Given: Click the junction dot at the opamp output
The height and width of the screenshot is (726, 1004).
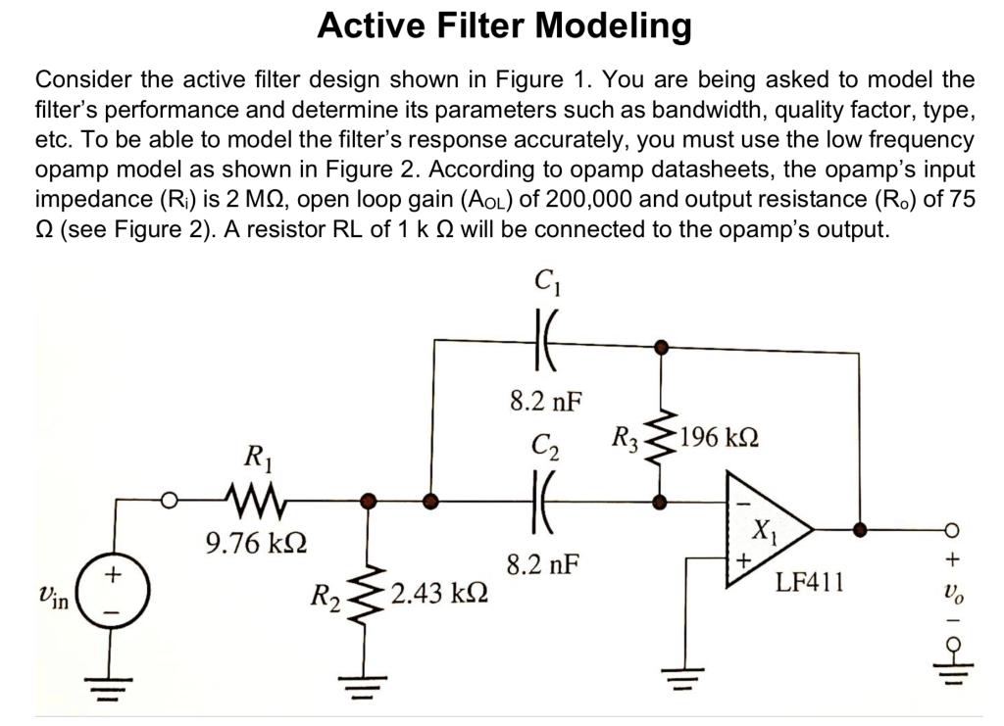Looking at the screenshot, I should pyautogui.click(x=860, y=529).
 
